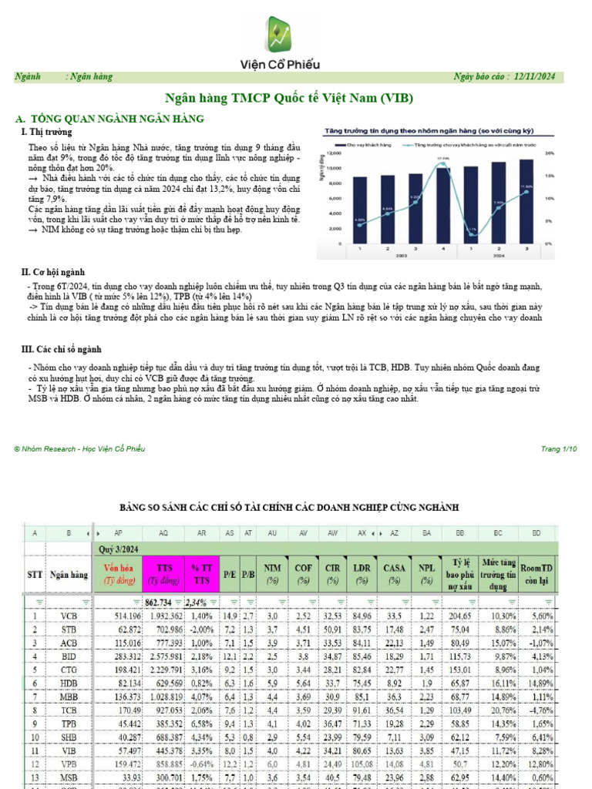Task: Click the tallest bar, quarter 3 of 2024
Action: tap(526, 200)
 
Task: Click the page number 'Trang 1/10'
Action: tap(559, 449)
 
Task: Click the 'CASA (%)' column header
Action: tap(394, 574)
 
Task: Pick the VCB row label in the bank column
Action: tap(69, 616)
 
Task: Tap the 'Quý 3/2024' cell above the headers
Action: tap(118, 549)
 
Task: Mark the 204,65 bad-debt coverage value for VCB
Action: tap(459, 616)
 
